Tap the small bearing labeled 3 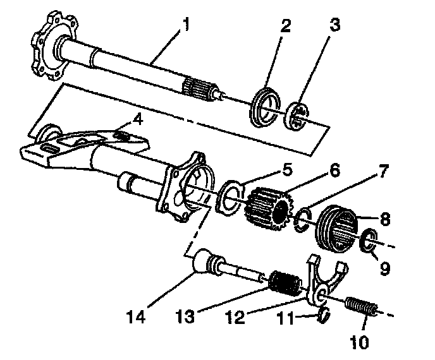click(x=300, y=117)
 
